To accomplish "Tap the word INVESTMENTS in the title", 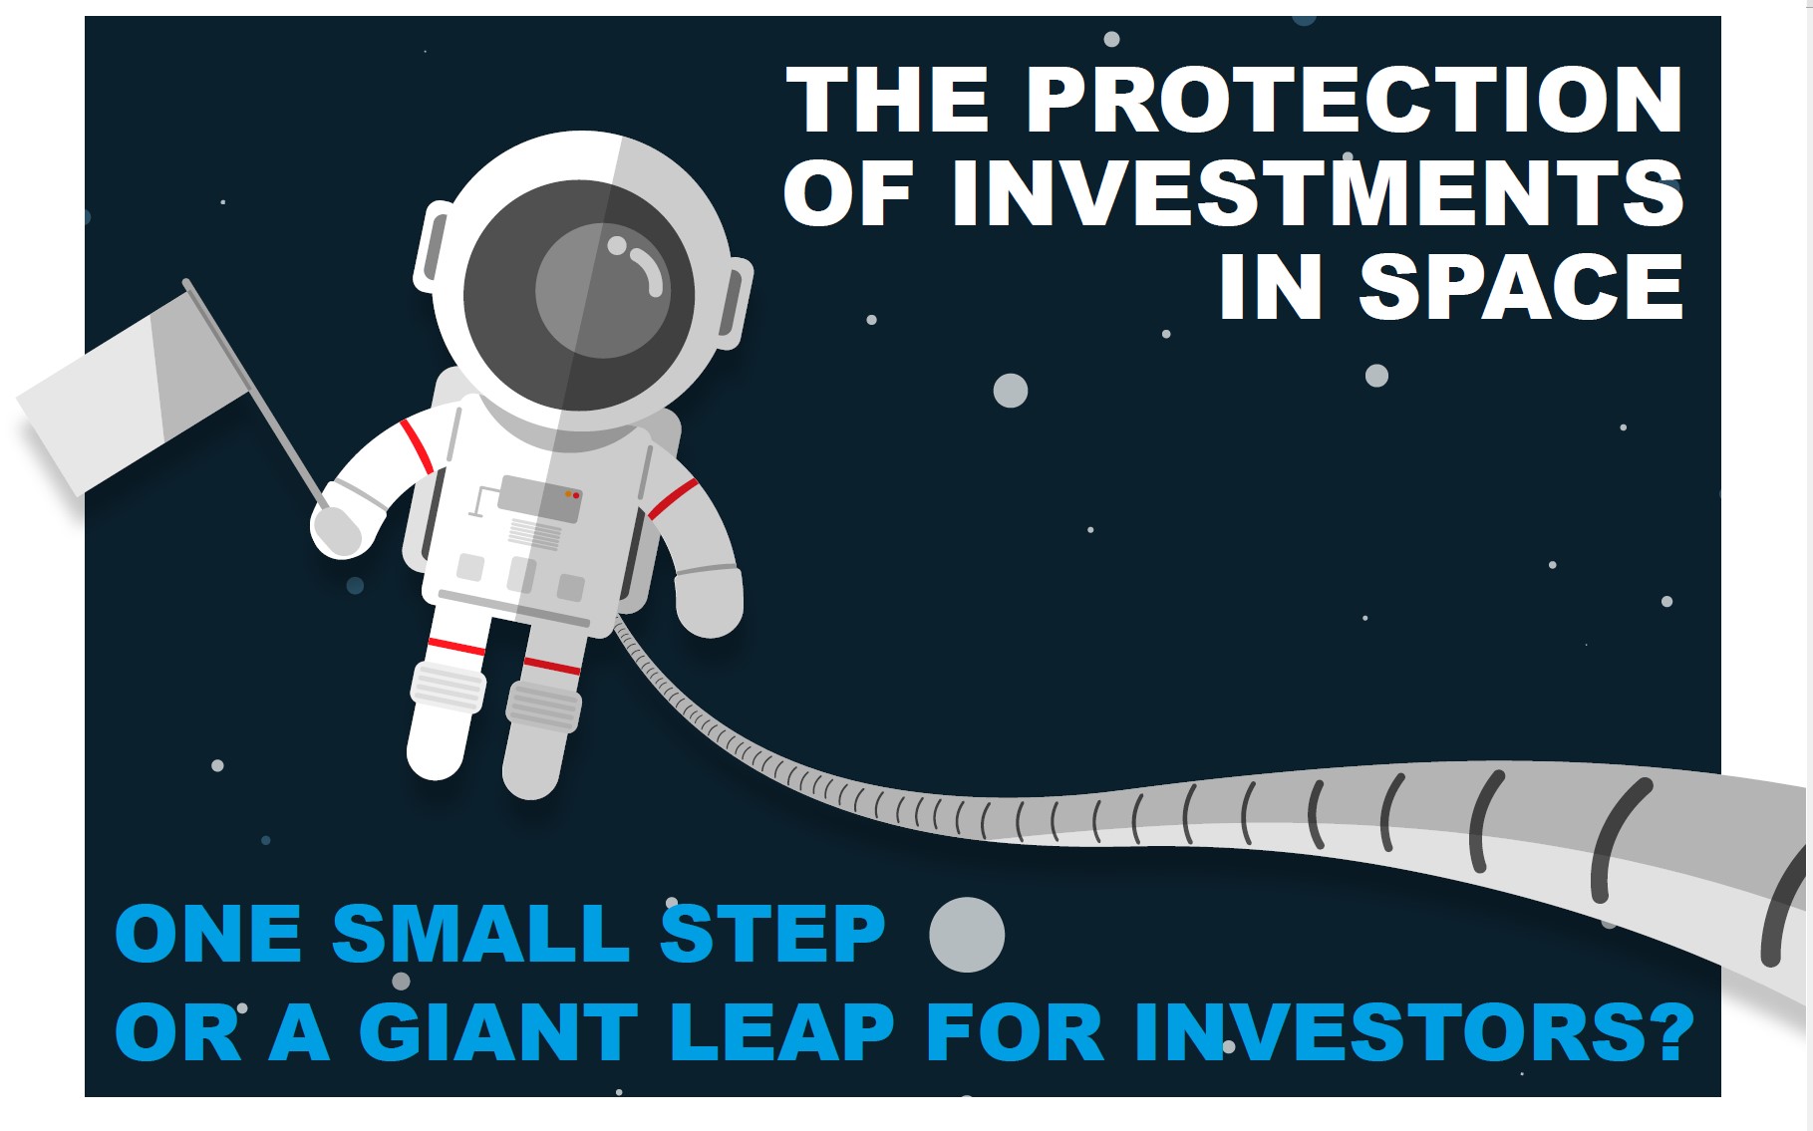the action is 1318,193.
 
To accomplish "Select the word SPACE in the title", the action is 1521,287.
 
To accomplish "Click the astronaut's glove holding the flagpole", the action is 337,528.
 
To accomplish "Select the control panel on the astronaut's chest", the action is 540,498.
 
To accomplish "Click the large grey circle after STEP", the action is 966,934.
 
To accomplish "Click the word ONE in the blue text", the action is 208,933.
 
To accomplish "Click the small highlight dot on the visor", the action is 617,245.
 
